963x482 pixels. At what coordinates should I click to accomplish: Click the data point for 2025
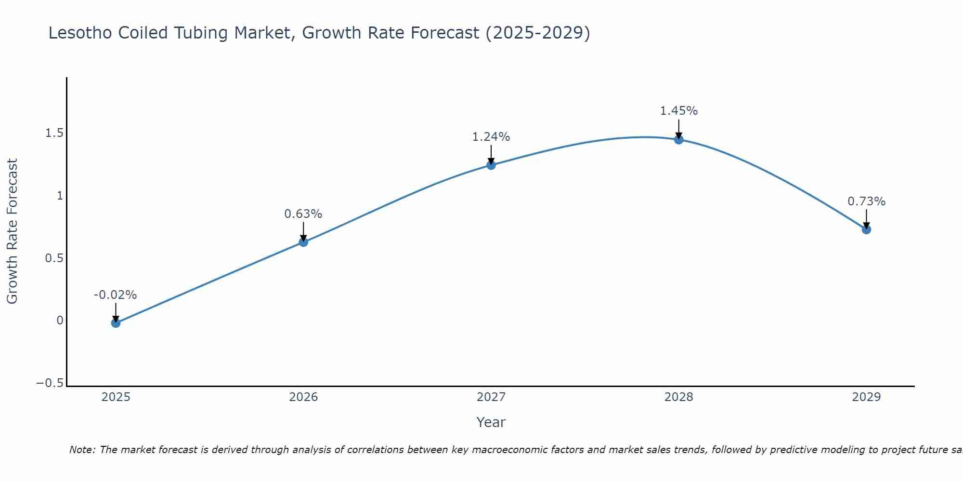point(116,323)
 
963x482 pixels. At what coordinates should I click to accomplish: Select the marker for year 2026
point(303,242)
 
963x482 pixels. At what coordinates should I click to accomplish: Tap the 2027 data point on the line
point(491,165)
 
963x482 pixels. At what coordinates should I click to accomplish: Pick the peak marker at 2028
point(679,140)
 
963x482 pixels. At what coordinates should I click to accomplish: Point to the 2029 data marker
point(866,229)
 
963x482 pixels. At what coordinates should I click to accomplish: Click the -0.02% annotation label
point(115,295)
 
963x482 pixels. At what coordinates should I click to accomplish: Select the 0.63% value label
point(303,214)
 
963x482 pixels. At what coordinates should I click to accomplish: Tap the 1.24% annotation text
point(491,137)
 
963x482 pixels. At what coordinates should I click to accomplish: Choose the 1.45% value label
point(678,111)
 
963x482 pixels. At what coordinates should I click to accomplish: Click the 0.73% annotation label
point(866,201)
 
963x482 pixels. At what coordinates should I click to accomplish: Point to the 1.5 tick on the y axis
point(54,134)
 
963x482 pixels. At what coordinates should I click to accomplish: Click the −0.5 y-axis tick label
point(50,383)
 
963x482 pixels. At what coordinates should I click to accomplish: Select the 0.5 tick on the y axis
point(54,258)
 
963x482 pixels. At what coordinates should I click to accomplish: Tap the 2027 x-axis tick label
point(491,397)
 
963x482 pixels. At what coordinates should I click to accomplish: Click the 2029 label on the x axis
point(866,397)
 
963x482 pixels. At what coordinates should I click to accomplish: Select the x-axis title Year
point(491,422)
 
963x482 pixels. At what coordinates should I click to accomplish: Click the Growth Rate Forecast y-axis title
point(12,231)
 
